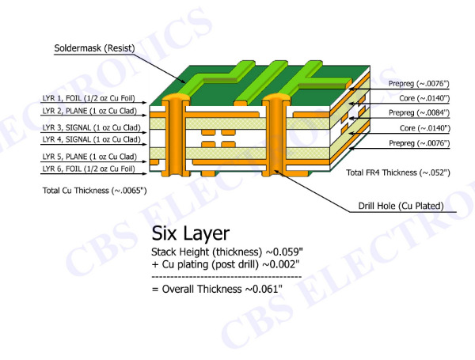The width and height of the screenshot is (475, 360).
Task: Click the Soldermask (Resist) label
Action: click(94, 48)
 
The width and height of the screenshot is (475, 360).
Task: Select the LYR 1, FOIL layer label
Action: click(89, 98)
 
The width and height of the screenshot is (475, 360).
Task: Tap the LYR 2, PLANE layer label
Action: click(89, 111)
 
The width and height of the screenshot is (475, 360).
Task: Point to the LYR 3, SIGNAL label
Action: click(92, 127)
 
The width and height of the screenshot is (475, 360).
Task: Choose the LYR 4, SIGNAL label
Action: click(92, 139)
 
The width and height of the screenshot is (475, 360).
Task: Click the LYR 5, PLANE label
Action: click(89, 157)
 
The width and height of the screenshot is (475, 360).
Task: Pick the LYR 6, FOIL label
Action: click(89, 169)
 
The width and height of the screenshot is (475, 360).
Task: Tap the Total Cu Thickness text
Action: click(94, 191)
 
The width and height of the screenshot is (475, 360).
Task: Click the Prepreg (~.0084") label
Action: click(419, 112)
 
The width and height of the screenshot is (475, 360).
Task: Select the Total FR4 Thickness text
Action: click(398, 172)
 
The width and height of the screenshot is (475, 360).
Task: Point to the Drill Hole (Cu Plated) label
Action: click(401, 206)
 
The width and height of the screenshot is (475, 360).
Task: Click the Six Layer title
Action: click(191, 233)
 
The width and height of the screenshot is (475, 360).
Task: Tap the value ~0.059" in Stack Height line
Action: click(284, 252)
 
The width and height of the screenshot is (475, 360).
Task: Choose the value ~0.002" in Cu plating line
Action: click(280, 264)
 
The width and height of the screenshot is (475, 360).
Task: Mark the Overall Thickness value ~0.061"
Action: click(264, 289)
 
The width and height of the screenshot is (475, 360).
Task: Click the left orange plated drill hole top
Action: click(176, 97)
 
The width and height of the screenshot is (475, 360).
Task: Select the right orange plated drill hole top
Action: click(275, 97)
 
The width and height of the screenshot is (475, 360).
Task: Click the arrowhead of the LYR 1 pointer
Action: click(145, 103)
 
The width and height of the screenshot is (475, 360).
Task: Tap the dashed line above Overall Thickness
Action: click(226, 277)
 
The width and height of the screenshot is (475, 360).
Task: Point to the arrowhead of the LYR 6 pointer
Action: click(145, 174)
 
